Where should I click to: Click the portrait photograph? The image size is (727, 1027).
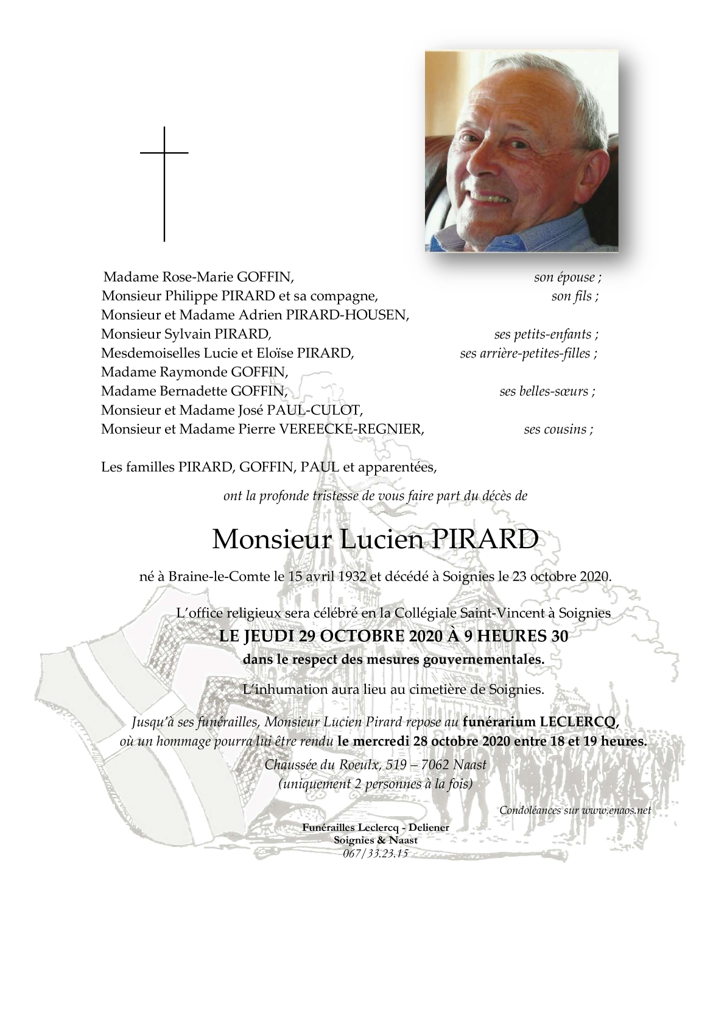(x=521, y=150)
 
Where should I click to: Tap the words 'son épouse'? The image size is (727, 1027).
(x=566, y=278)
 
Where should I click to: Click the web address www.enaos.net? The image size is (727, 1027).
(x=616, y=810)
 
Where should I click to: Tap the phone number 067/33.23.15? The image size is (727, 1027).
(x=375, y=853)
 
